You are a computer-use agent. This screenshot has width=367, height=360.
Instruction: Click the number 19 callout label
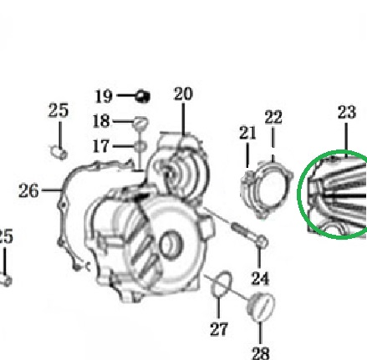click(104, 96)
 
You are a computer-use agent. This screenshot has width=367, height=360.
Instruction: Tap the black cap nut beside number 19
click(142, 96)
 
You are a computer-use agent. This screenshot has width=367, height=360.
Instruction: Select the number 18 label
click(101, 121)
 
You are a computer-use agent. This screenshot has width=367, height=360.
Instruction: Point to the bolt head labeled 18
click(141, 122)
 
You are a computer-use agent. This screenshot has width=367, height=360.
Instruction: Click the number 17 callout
click(101, 146)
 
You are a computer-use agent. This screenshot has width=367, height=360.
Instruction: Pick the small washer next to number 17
click(140, 146)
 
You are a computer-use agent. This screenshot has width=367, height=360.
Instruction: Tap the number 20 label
click(183, 94)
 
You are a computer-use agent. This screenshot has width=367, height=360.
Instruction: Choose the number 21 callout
click(247, 133)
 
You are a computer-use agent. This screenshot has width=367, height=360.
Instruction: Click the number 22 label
click(273, 117)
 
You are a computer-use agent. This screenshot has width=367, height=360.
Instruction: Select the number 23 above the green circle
click(347, 112)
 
